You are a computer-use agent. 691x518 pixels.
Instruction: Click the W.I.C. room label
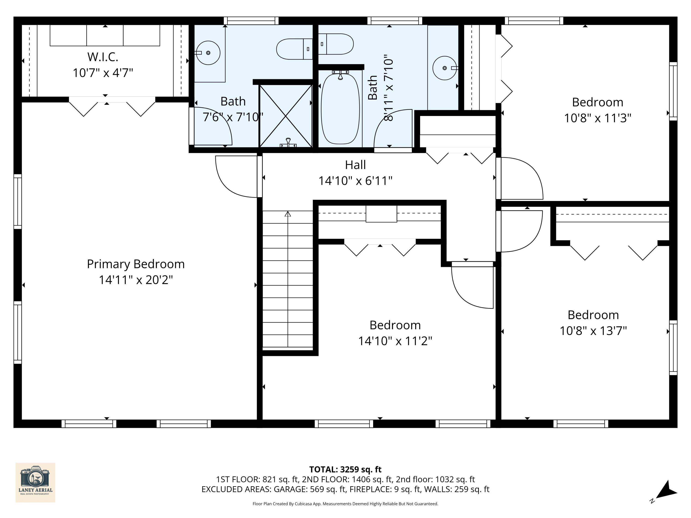[x=103, y=57]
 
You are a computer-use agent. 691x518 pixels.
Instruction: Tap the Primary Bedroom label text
[x=136, y=264]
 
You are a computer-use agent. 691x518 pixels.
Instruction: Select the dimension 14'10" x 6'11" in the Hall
[x=355, y=181]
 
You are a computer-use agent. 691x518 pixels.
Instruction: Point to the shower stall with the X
[x=286, y=116]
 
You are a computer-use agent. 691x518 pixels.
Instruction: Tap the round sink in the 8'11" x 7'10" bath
[x=444, y=68]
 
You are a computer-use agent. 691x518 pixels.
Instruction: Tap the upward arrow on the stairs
[x=288, y=214]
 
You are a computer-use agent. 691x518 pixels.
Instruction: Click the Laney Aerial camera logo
[x=35, y=482]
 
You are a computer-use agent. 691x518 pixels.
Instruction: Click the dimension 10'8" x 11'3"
[x=597, y=118]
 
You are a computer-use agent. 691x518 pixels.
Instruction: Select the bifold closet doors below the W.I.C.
[x=112, y=106]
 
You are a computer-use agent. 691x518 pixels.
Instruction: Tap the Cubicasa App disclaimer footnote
[x=345, y=504]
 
